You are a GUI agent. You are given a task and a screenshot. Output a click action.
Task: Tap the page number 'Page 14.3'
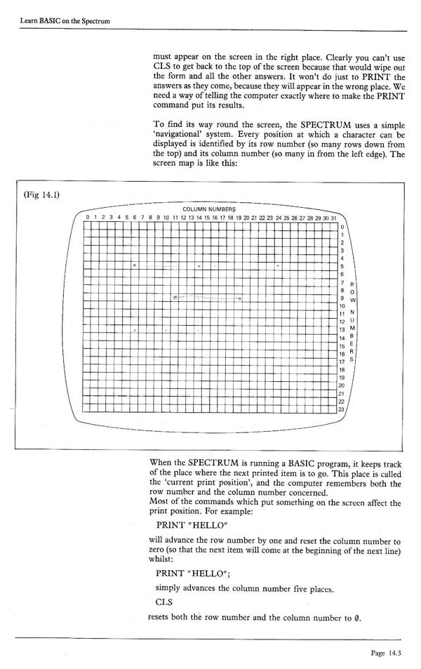pyautogui.click(x=388, y=653)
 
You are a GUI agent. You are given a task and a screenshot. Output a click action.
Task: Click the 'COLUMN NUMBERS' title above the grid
pyautogui.click(x=209, y=209)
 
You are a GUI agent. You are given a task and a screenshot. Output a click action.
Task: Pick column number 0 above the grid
pyautogui.click(x=87, y=218)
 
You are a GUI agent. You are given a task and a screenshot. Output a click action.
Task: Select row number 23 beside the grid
pyautogui.click(x=342, y=409)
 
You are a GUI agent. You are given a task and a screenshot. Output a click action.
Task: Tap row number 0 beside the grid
pyautogui.click(x=342, y=227)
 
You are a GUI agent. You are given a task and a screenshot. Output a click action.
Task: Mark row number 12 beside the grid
pyautogui.click(x=342, y=322)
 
